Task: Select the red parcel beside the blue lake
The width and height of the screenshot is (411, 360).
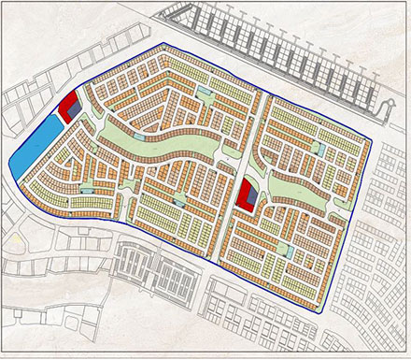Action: pyautogui.click(x=68, y=108)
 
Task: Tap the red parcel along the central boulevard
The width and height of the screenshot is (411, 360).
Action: pyautogui.click(x=246, y=195)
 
